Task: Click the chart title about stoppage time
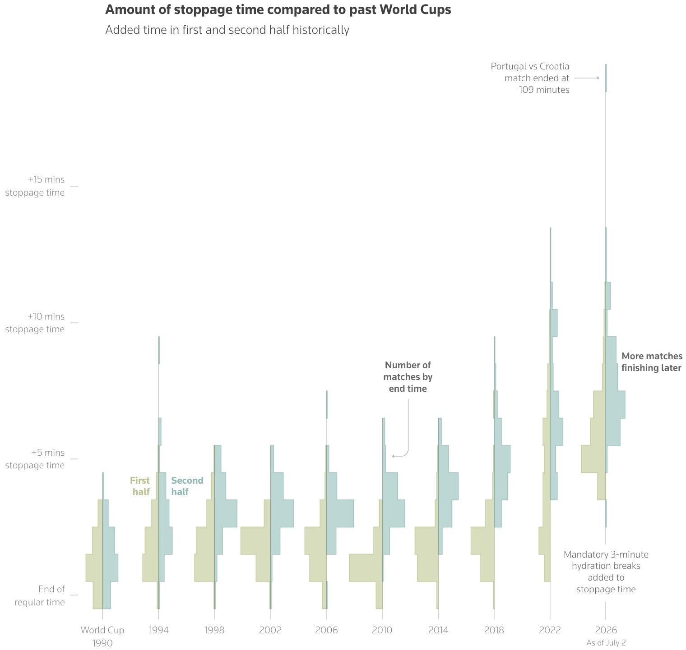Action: tap(278, 10)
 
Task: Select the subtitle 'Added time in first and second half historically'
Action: tap(227, 30)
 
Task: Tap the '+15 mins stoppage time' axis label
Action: tap(35, 186)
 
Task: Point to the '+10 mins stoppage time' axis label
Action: tap(35, 323)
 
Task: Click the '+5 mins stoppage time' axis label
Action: tap(35, 459)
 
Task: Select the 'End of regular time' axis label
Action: tap(40, 595)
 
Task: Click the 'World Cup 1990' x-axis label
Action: tap(102, 636)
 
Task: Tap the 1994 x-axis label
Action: tap(158, 630)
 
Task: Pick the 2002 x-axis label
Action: tap(270, 630)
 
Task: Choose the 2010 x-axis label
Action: tap(382, 630)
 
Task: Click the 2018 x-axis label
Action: tap(494, 630)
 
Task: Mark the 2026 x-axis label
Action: tap(606, 630)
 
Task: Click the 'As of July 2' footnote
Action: tap(606, 643)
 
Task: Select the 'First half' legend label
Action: tap(140, 486)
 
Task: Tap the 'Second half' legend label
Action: tap(187, 486)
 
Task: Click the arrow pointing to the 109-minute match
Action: tap(587, 78)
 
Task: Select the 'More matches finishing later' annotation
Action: tap(652, 362)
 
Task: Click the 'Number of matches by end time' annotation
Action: tap(408, 377)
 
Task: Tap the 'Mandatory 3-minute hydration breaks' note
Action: tap(606, 572)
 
